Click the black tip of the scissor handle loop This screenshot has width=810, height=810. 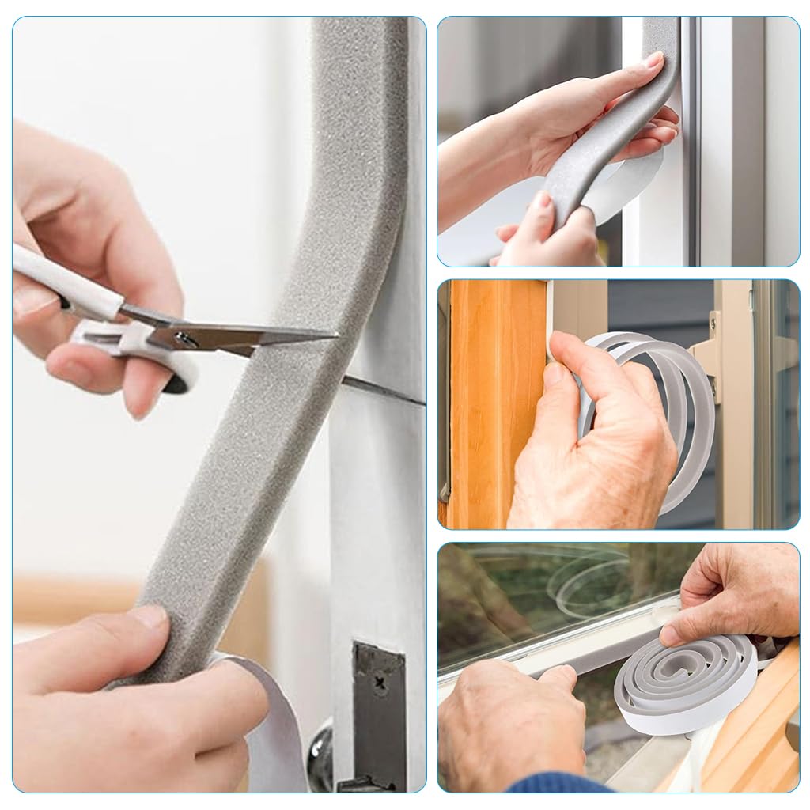(176, 385)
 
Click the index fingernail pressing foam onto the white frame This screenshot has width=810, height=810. (653, 59)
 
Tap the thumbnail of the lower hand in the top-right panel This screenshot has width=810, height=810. (541, 201)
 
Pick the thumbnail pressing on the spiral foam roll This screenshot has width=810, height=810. (672, 633)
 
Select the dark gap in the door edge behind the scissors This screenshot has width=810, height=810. (380, 391)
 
